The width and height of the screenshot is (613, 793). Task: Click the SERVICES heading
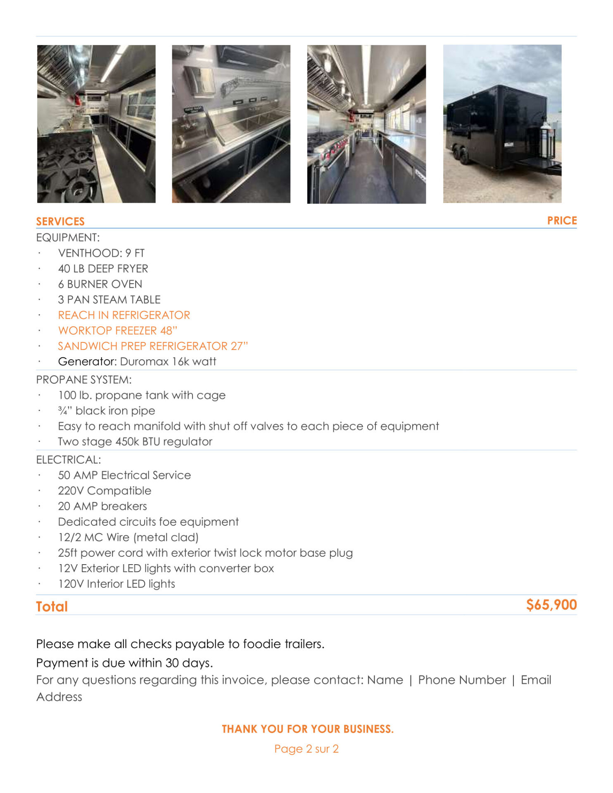coord(60,221)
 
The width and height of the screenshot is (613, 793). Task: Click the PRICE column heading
coord(562,221)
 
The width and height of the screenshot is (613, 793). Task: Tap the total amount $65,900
coord(551,605)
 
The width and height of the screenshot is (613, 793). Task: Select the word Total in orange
coord(52,606)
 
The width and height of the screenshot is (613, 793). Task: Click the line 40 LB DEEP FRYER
coord(103,268)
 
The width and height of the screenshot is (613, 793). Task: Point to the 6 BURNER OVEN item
coord(100,284)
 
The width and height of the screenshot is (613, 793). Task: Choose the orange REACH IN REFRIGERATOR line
coord(124,315)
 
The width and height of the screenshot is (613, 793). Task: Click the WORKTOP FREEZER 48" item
coord(117,330)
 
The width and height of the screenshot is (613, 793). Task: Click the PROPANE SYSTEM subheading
coord(84,380)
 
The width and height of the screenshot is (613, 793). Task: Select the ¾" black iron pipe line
coord(107,411)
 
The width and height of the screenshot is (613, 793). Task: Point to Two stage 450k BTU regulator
coord(135,442)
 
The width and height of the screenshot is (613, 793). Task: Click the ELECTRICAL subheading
coord(69,460)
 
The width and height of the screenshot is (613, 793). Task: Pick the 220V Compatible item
coord(105,491)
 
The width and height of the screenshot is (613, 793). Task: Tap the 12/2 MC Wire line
coord(128,537)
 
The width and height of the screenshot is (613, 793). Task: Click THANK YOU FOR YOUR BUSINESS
coord(308,729)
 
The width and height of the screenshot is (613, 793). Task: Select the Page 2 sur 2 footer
coord(306,749)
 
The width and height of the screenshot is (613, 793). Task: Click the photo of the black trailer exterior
coord(502,124)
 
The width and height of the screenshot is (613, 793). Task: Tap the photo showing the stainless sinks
coord(231,124)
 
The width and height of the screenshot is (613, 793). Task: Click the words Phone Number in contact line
coord(462,680)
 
